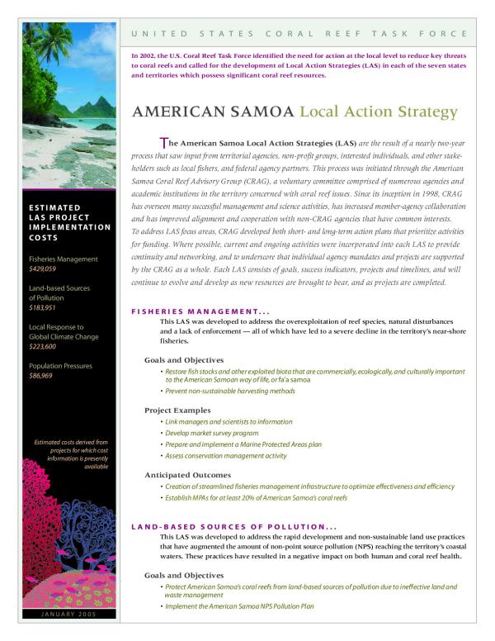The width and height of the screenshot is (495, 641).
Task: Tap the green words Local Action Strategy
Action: (x=378, y=111)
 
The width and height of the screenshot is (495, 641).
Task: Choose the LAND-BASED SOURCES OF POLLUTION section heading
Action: (x=234, y=526)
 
